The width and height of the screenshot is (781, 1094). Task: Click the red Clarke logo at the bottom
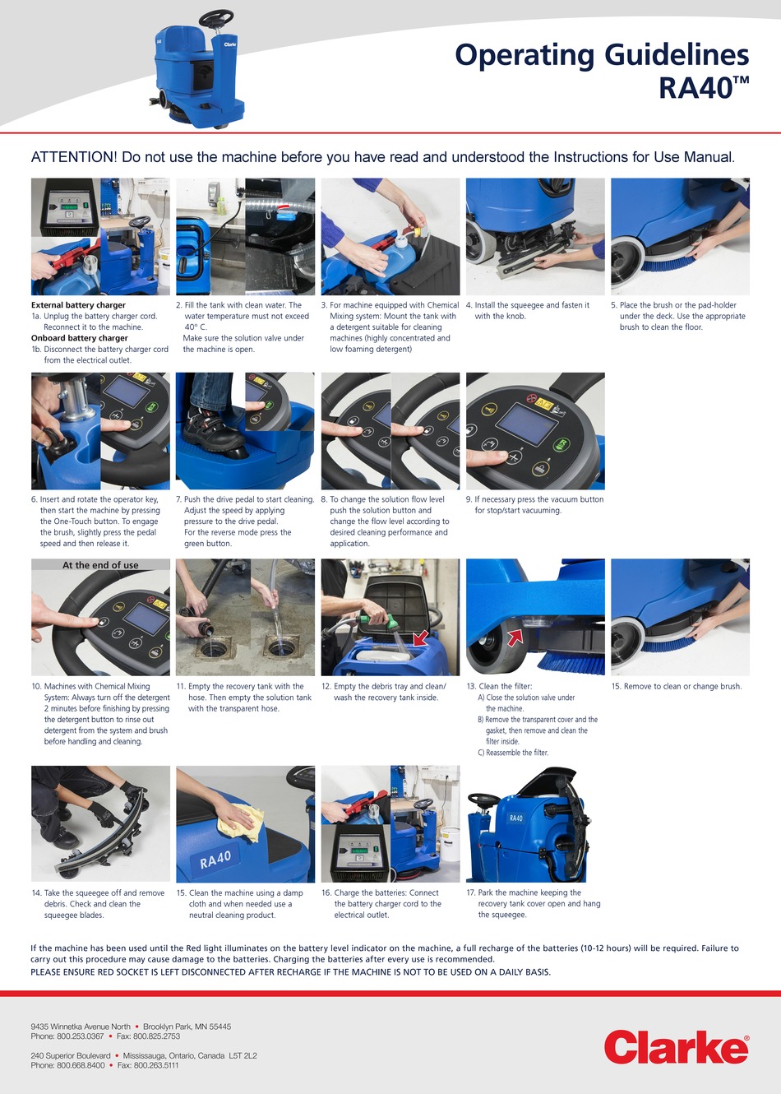click(x=676, y=1049)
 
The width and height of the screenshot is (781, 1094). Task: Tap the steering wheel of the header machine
click(x=215, y=16)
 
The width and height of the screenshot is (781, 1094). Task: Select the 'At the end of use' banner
click(x=100, y=565)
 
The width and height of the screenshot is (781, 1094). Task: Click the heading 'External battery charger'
click(x=78, y=305)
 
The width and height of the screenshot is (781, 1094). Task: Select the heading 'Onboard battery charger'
click(x=79, y=338)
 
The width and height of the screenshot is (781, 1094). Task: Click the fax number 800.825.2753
click(x=148, y=1036)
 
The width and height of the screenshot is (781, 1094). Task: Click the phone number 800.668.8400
click(x=81, y=1065)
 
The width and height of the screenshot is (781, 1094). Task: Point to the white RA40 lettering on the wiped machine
click(x=215, y=860)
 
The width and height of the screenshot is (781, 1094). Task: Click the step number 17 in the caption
click(x=470, y=892)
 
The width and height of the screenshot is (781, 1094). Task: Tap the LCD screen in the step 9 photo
click(x=527, y=422)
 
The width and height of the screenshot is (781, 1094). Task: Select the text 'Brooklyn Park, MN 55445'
click(x=187, y=1027)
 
